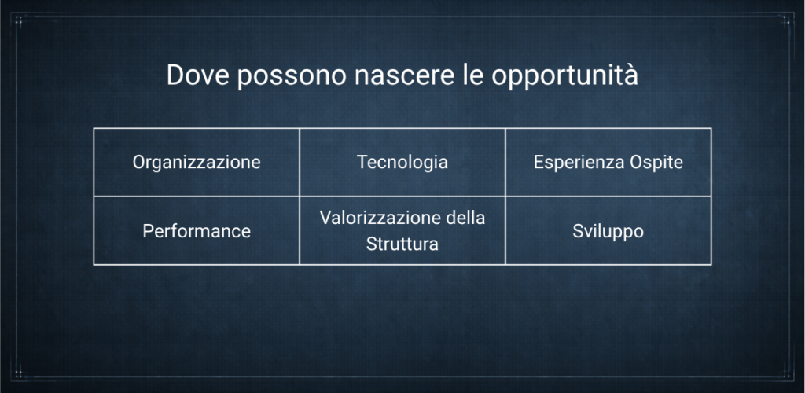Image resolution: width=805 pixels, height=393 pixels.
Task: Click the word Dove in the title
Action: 197,75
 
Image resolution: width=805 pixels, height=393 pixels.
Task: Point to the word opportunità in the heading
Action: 564,76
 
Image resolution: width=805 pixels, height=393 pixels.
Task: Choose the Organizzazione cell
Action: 197,162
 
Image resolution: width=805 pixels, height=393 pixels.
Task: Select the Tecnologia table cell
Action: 402,162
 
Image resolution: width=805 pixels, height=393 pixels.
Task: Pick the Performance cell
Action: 197,231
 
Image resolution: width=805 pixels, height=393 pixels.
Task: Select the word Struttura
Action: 402,244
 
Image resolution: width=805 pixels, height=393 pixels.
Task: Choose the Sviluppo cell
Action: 608,231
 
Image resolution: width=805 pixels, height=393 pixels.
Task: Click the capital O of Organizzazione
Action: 138,162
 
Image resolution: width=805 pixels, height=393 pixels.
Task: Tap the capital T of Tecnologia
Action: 363,162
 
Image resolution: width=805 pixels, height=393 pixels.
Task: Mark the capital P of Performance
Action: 148,231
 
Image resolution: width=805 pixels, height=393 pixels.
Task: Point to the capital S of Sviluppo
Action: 578,231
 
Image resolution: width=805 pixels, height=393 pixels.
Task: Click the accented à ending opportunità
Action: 631,75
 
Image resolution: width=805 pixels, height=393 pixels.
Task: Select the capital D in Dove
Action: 175,75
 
